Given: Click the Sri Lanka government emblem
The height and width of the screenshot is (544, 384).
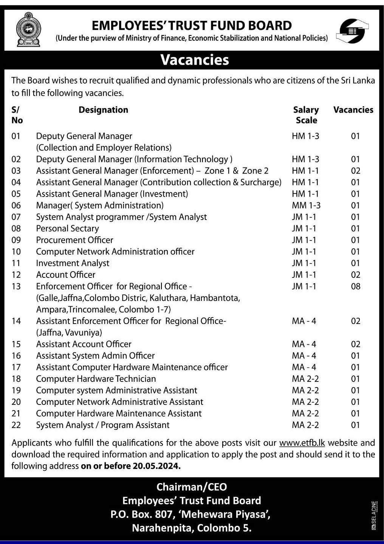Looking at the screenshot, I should coord(28,29).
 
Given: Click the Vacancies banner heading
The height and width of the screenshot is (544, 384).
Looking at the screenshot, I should coord(195,60).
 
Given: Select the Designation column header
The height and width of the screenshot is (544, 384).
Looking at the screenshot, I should coord(103,110).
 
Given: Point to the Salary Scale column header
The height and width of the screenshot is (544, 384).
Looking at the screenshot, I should coord(306,115).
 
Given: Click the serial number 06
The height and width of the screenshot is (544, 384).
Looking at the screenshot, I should coord(16,206).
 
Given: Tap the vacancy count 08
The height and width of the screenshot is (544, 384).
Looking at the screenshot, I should coord(355,287).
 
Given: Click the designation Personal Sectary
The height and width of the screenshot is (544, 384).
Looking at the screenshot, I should coord(67,229).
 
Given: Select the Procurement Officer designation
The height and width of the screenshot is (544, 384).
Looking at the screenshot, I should coord(74,240).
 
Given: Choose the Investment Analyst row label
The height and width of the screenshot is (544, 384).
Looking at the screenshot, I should coord(73,263).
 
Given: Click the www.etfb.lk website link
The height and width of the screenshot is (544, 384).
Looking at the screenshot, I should coord(302,443).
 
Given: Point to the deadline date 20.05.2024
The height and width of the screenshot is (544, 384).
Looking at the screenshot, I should coord(156,466).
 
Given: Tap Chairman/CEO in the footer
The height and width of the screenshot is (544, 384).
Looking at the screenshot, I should coord(192,487).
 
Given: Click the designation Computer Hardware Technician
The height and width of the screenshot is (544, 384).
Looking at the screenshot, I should coord(96,379).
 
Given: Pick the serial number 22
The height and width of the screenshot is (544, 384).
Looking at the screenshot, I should coord(16,425).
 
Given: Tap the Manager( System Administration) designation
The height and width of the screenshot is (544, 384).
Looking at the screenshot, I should coord(100,206).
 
